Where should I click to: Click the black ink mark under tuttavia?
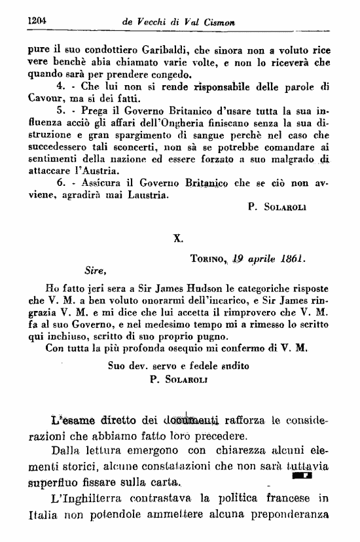[306, 477]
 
